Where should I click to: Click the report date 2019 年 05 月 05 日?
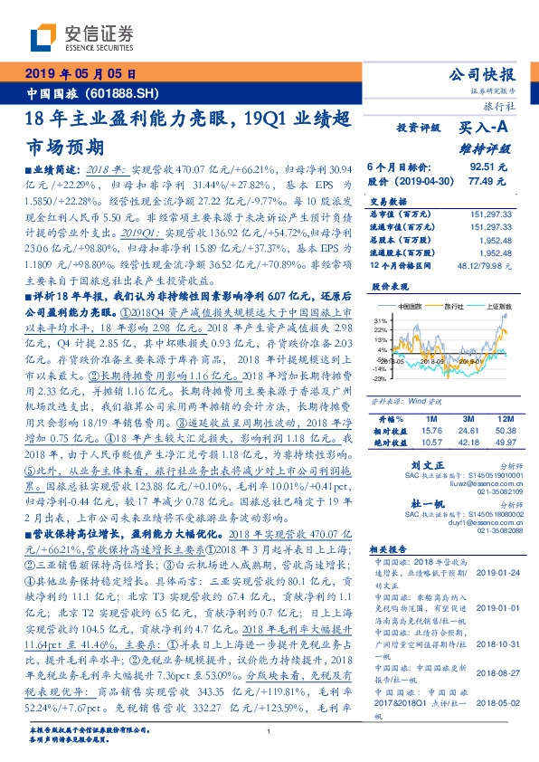(x=80, y=73)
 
